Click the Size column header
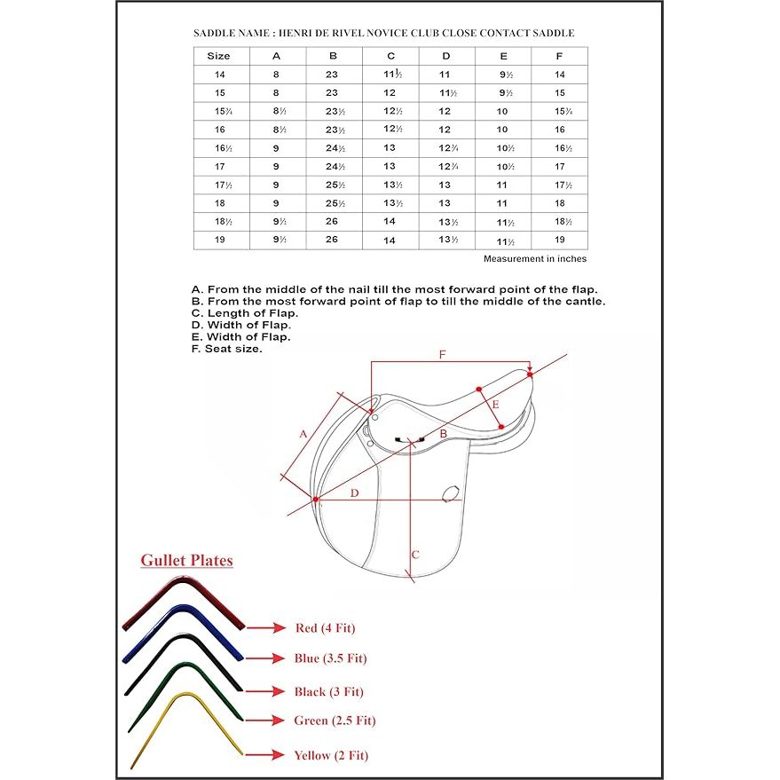point(218,56)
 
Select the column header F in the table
point(559,56)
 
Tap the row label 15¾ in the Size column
point(218,111)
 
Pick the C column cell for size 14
point(390,75)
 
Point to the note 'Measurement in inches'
point(534,259)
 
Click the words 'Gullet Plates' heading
point(187,561)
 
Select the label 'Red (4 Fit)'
point(325,628)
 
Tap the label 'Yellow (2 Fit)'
point(331,755)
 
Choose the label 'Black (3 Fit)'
point(329,691)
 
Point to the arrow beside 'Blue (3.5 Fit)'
point(265,658)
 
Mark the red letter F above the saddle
point(444,354)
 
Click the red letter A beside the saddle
point(303,434)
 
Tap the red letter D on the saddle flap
point(354,492)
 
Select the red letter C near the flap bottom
point(414,555)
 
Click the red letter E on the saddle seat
point(495,405)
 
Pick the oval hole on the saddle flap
point(450,492)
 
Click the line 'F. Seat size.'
point(227,349)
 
